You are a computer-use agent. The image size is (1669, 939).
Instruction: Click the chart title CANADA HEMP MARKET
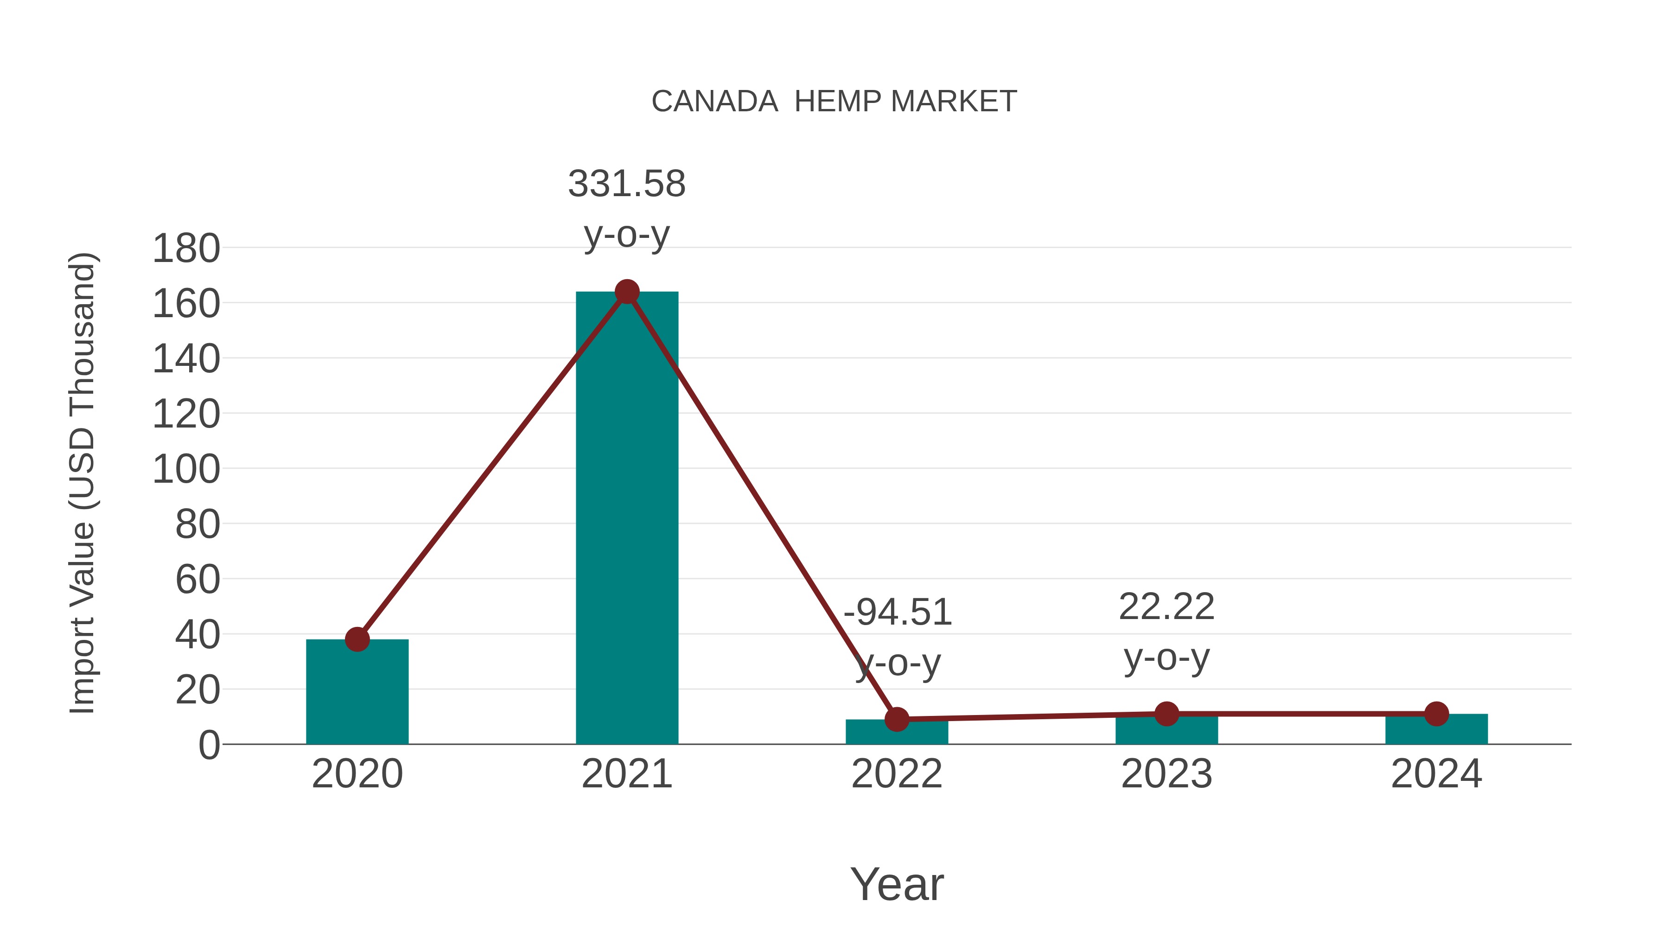834,102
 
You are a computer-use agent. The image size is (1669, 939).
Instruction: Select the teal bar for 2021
626,518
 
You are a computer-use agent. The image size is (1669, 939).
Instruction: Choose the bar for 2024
1436,730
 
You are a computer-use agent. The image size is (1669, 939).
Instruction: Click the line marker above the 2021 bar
626,292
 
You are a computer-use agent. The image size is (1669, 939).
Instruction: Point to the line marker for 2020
357,639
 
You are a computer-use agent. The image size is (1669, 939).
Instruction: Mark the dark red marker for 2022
897,719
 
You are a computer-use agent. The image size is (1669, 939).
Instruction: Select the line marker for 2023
1166,714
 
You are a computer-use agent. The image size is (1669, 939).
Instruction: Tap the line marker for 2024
1436,714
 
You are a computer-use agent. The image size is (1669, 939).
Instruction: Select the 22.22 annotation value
1166,607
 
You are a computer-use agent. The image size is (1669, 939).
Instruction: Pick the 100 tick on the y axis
186,469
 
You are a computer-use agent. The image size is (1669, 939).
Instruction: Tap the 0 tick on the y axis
209,745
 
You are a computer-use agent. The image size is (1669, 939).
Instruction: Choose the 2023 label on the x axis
1166,774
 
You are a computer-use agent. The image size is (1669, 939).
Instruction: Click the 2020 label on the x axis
357,774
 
